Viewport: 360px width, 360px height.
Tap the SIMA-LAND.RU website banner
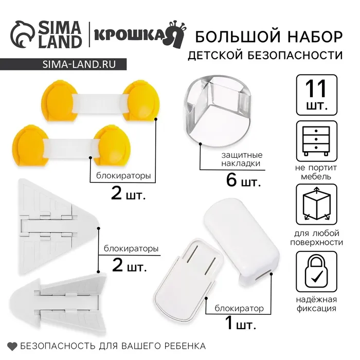tap(63, 64)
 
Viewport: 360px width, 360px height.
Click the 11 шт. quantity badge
tap(317, 95)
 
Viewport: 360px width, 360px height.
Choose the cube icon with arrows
tap(317, 204)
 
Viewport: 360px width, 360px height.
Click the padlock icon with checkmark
tap(317, 272)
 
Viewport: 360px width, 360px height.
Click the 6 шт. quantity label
tap(243, 181)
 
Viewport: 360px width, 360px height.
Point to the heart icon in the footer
tap(12, 346)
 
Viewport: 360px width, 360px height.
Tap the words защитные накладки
tap(242, 159)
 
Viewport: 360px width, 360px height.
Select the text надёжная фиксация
tap(316, 304)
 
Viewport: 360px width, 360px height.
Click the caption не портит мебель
tap(316, 172)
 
